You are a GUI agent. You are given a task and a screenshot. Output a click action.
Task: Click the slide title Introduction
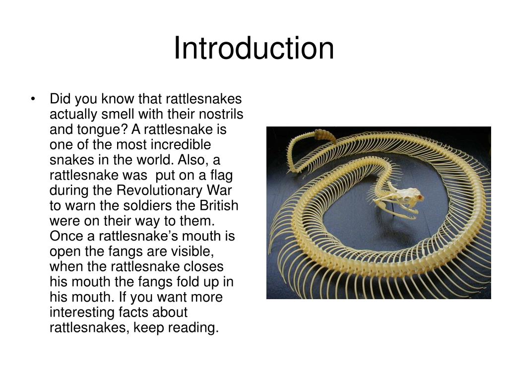pos(254,48)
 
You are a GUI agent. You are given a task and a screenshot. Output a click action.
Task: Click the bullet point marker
pos(32,99)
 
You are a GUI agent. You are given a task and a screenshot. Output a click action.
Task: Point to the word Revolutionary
pos(159,190)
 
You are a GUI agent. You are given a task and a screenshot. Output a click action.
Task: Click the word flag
pos(222,175)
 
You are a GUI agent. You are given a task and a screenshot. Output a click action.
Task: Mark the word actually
pos(73,115)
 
